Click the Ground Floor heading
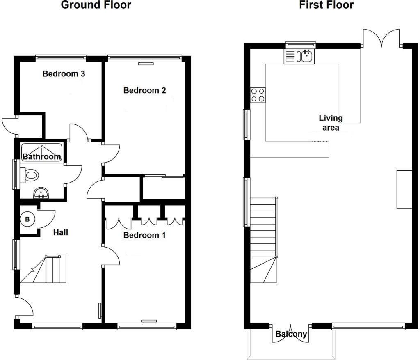(96, 5)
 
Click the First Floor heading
(326, 5)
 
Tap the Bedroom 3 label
(64, 74)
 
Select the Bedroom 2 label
(145, 91)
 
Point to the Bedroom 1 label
(144, 235)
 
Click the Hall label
(61, 232)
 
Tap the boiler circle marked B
(27, 219)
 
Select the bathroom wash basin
(41, 193)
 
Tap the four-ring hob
(258, 95)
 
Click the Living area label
(331, 123)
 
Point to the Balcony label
(291, 334)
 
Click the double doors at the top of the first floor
(381, 37)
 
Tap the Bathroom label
(41, 156)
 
